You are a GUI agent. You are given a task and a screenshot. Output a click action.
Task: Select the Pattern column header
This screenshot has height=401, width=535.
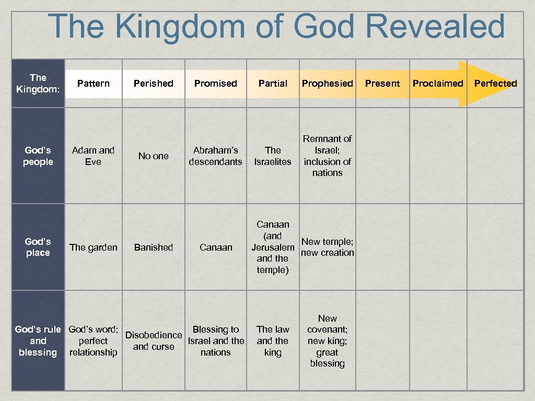[x=93, y=84]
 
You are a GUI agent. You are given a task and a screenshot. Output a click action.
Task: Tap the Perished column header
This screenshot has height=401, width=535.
[x=153, y=84]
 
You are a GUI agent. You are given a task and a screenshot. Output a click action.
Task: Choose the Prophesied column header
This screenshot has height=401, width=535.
[x=327, y=84]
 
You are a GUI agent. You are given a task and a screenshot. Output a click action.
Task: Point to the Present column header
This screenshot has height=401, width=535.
[x=382, y=84]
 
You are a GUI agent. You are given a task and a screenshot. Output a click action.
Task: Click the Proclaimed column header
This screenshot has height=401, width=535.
[x=438, y=84]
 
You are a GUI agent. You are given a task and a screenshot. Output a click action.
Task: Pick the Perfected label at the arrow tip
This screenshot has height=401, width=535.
[x=495, y=84]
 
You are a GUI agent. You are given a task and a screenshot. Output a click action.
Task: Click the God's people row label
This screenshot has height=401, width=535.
[x=38, y=156]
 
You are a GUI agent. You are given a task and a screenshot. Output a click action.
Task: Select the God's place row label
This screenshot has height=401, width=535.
[x=38, y=247]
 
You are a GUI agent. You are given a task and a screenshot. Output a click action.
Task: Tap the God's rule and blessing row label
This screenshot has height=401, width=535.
[x=38, y=340]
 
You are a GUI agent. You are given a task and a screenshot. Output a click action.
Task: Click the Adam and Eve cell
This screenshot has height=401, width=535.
[x=93, y=156]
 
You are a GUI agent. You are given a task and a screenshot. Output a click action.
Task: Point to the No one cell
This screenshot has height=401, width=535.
[x=153, y=156]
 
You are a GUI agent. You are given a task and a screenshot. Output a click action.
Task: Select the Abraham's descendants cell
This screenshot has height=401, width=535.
[x=215, y=156]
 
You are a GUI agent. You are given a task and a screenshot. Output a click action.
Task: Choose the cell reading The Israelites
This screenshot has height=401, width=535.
[x=273, y=156]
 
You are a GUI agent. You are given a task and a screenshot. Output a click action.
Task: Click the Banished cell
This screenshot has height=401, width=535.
[x=153, y=247]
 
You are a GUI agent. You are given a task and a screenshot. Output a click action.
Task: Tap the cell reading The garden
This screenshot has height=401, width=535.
[x=93, y=247]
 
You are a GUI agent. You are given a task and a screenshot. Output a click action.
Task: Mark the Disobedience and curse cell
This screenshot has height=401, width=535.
[x=153, y=340]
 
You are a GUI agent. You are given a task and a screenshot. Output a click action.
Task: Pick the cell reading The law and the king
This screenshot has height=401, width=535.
[x=273, y=340]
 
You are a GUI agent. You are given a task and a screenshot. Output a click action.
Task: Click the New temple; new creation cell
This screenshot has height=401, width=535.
[x=327, y=247]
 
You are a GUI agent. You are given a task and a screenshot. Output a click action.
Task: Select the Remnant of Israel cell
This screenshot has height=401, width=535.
[x=327, y=156]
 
